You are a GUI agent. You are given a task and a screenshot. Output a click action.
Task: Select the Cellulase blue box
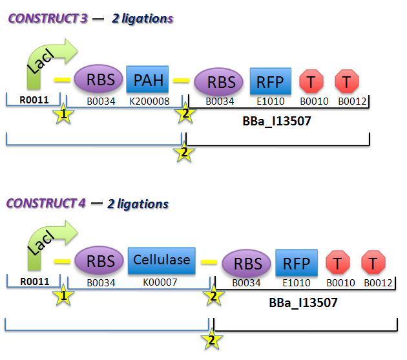[x=162, y=260]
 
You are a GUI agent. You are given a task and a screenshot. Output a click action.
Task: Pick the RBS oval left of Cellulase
[x=98, y=262]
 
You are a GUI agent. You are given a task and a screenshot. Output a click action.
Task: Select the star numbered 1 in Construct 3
[x=63, y=115]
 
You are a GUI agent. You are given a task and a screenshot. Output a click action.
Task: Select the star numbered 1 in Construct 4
[x=63, y=296]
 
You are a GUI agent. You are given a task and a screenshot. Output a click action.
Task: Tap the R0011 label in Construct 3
[x=32, y=101]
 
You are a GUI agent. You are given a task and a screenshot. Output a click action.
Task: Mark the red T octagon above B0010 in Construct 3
[x=311, y=81]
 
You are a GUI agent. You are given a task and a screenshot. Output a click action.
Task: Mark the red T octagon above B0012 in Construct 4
[x=373, y=264]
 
